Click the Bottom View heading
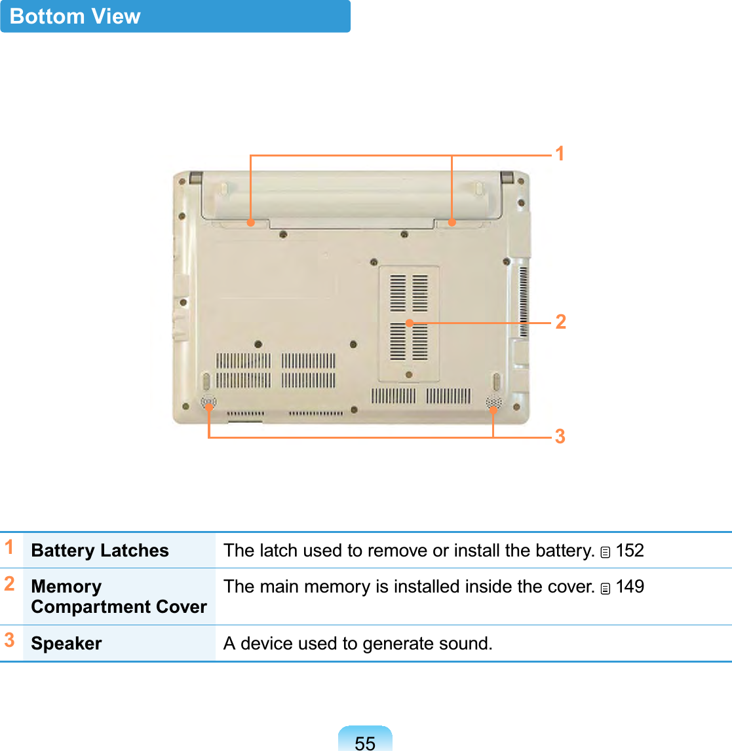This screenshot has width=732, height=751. coord(75,16)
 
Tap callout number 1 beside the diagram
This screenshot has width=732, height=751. coord(560,154)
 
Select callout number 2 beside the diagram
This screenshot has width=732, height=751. coord(560,321)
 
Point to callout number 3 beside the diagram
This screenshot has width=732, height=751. coord(560,436)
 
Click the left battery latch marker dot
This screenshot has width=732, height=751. coord(250,223)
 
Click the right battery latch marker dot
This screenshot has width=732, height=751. coord(452,223)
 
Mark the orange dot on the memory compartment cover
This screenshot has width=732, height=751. coord(409,323)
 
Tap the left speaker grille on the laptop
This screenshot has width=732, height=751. coord(208,403)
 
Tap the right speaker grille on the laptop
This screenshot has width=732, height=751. coord(493,403)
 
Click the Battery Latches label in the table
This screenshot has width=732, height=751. coord(100,551)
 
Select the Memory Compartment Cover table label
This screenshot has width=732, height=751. coord(119,596)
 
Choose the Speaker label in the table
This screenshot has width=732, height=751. coord(66,644)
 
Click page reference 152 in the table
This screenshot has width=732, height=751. coord(630,551)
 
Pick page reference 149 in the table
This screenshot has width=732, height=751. coord(630,587)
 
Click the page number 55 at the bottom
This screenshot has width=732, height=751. coord(365,742)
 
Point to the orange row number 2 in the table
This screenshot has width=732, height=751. coord(9,583)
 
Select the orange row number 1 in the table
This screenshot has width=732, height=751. coord(9,547)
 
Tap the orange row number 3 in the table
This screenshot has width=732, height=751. coord(9,640)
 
